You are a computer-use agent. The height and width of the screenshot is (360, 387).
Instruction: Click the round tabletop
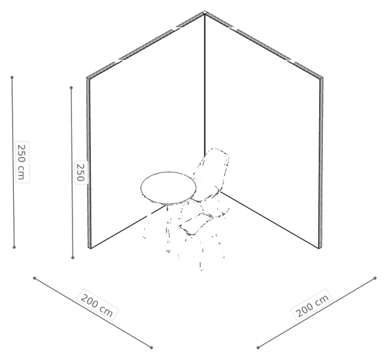click(169, 188)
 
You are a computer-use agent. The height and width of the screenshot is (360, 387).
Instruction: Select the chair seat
click(203, 221)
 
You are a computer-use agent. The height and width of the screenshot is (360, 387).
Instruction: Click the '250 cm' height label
click(22, 162)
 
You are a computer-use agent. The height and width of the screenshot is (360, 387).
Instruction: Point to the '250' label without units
click(81, 172)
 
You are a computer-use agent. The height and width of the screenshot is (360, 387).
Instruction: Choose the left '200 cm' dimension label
click(97, 305)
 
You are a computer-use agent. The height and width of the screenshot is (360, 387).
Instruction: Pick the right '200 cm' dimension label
click(313, 305)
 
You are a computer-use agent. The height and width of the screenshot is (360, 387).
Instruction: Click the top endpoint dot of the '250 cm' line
click(12, 77)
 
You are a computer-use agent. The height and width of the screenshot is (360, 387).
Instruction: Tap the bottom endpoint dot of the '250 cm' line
click(14, 247)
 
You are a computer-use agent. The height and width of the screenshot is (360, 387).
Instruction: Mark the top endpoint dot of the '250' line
click(71, 88)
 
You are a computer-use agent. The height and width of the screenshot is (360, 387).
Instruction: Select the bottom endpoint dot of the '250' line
click(73, 258)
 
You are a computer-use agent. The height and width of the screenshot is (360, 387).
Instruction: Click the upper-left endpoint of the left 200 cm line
click(34, 278)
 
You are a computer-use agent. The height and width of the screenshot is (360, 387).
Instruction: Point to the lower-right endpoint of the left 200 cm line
click(152, 348)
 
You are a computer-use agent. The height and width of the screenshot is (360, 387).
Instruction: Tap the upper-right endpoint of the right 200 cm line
click(375, 278)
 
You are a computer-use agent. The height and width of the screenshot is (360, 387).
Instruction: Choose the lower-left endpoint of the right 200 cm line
click(258, 348)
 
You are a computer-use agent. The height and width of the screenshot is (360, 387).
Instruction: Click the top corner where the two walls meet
click(204, 12)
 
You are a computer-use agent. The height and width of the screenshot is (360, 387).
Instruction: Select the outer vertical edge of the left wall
click(89, 163)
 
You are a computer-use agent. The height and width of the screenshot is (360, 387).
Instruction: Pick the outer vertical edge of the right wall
click(321, 163)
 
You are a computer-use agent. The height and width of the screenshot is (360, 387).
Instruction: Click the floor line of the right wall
click(270, 220)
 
